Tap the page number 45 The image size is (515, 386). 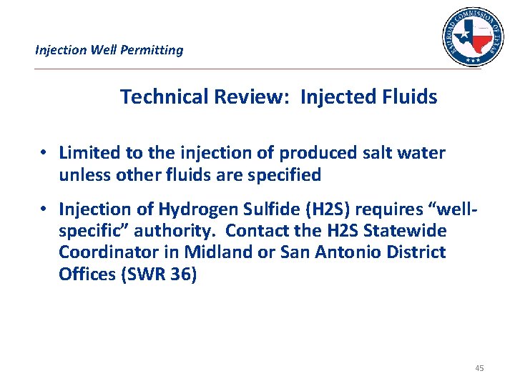click(x=479, y=368)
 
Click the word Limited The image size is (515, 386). click(x=87, y=153)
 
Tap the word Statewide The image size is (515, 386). click(x=408, y=231)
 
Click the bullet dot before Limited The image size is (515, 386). click(x=44, y=153)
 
